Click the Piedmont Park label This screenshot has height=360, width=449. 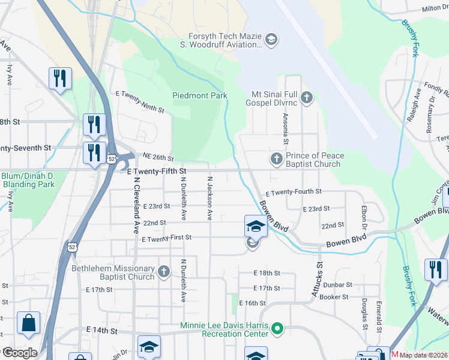(200, 95)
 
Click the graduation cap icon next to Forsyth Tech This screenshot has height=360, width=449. (271, 40)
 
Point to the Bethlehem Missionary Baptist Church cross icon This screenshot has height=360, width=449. (163, 272)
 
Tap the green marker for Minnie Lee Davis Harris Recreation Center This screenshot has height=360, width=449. (277, 329)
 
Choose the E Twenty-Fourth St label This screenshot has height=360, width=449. (293, 192)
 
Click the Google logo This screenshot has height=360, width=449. (20, 353)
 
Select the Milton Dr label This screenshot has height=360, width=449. (435, 9)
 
